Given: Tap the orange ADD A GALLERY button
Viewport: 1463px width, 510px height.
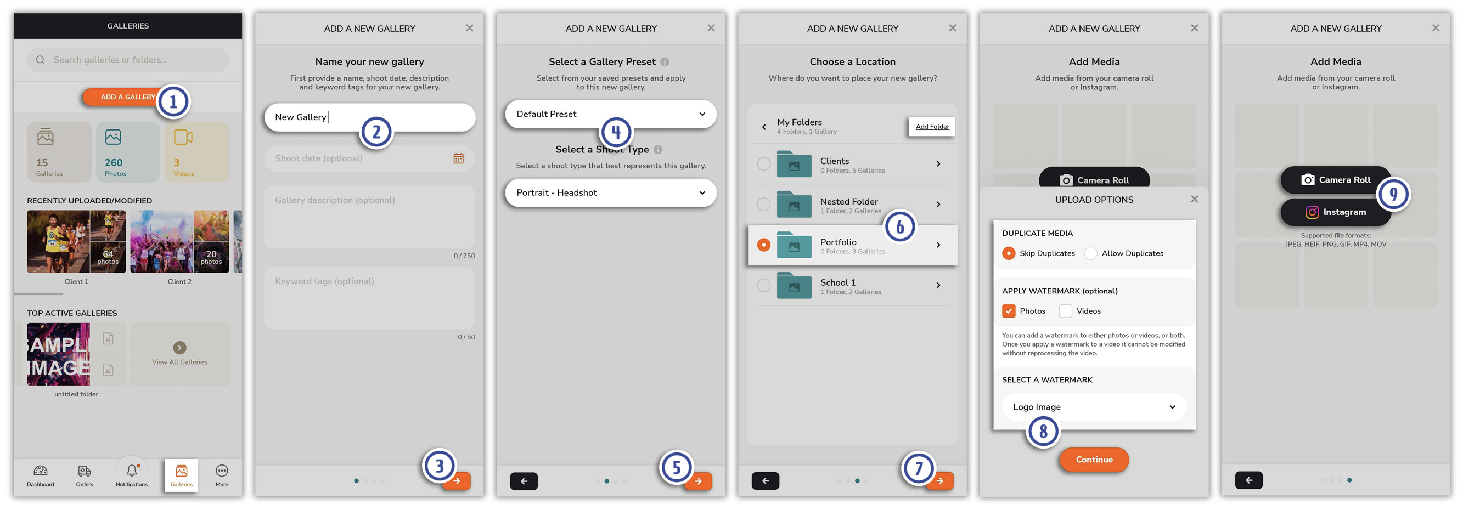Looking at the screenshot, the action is click(123, 97).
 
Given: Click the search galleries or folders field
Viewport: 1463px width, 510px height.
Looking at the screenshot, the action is click(128, 60).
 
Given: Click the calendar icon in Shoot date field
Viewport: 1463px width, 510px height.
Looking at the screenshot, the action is click(458, 158).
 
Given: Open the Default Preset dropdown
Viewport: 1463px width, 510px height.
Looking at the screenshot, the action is click(611, 114).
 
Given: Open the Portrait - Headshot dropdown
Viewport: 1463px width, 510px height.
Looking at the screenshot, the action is click(611, 193).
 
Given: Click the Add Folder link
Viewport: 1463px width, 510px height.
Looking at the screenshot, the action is click(932, 127).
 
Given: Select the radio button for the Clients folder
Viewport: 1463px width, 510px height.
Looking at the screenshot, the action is click(764, 164).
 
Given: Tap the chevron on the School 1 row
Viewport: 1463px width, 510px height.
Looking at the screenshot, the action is click(938, 285).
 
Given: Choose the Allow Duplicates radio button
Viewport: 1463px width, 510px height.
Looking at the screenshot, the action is click(1090, 253).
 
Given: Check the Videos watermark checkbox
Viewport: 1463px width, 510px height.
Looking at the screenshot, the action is click(1066, 311).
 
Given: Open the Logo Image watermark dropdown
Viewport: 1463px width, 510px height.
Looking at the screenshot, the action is click(1094, 407).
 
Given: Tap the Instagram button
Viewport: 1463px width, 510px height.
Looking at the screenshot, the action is click(1335, 212).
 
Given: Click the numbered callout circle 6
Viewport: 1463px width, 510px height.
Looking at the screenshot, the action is click(900, 227).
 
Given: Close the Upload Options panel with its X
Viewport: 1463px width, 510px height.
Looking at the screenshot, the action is click(1194, 199).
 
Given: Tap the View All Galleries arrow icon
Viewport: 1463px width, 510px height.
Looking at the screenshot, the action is click(179, 348).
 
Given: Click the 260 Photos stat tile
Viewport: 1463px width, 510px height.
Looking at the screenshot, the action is click(128, 152).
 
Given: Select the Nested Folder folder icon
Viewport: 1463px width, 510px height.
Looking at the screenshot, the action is click(794, 204).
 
